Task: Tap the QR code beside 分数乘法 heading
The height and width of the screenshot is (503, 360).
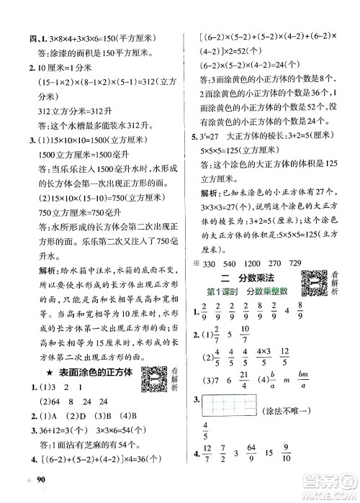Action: pos(318,281)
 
